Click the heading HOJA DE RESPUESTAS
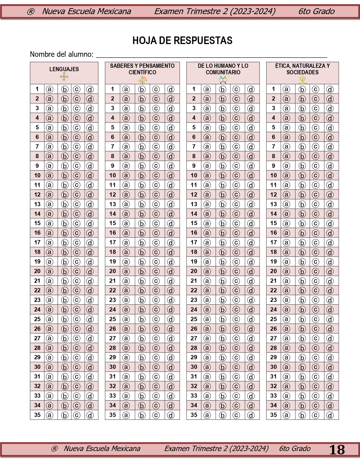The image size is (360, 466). pos(182,41)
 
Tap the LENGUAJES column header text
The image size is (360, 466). pos(64,69)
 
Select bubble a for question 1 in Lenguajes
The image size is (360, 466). pos(50,89)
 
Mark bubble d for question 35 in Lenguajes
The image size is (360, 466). pos(90,415)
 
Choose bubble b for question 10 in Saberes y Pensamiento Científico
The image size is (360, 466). pos(142,175)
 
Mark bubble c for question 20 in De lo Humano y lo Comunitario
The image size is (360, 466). pos(236,271)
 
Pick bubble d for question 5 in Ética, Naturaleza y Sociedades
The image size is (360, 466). pos(330,128)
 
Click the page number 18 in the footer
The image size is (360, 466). pos(337,450)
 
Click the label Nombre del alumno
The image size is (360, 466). pos(62,54)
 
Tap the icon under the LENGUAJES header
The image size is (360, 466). pos(64,77)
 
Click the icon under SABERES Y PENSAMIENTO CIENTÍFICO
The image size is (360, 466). pos(143,80)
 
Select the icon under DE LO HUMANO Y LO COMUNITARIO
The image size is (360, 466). pos(223,80)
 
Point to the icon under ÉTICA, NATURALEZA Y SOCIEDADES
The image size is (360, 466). pos(302,80)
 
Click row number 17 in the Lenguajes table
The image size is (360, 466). pos(37,242)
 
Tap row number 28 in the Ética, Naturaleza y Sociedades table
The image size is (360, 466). pos(273,348)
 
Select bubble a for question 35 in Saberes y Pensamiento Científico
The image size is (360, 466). pos(126,415)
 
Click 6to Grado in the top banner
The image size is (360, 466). pos(316,11)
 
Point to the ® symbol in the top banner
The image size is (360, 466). pos(30,12)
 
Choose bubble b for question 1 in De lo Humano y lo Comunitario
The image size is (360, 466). pos(222,89)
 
